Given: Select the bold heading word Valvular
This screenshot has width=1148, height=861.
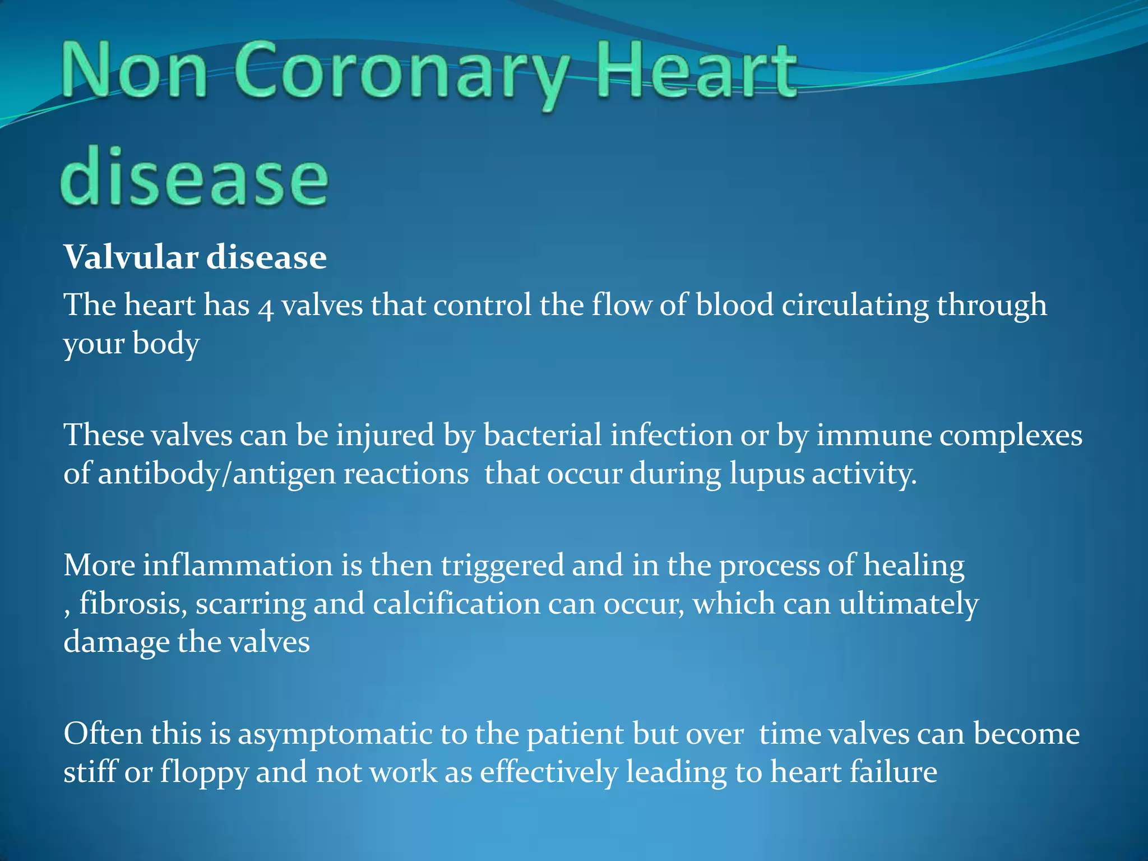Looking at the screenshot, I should (131, 258).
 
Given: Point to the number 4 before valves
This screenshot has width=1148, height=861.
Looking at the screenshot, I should (266, 308).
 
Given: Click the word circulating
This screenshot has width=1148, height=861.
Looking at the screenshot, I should (855, 305).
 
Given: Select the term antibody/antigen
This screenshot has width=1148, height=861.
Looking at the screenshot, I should (283, 474).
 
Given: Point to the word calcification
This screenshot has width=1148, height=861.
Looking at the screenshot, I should (456, 604).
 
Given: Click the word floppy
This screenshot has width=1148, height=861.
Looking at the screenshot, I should (204, 773).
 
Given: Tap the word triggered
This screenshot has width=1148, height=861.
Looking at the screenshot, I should (502, 566).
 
